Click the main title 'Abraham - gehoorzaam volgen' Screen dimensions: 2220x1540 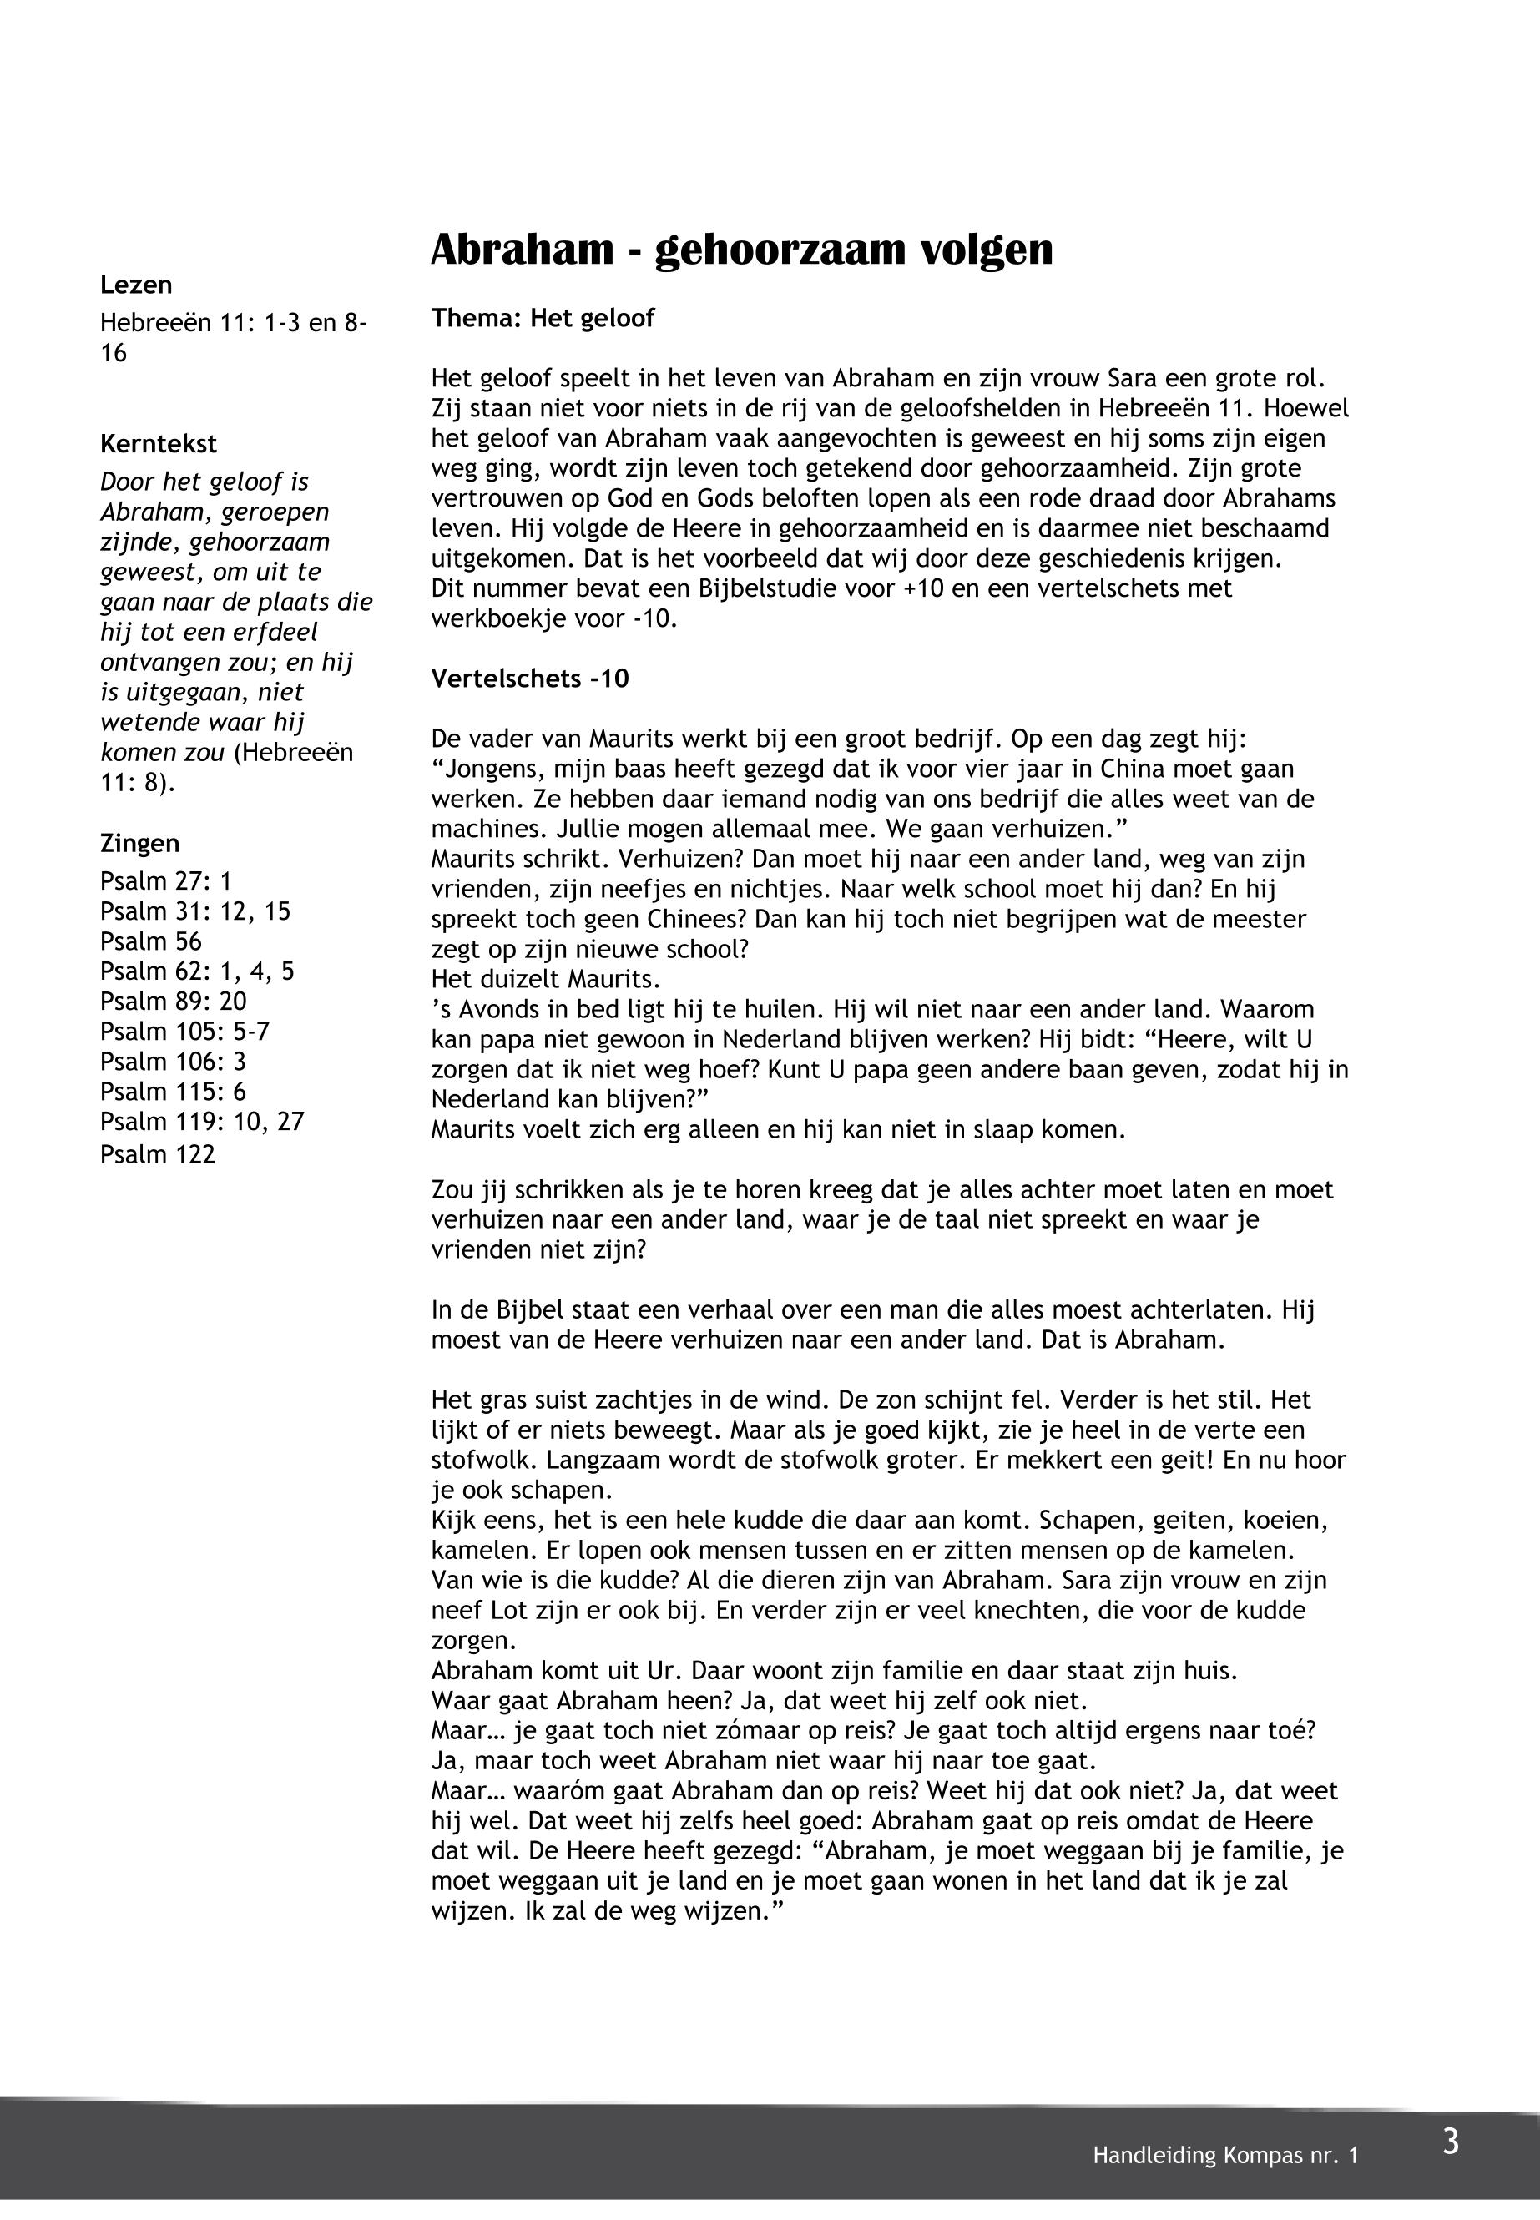pos(741,249)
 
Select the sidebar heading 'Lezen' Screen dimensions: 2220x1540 pos(136,285)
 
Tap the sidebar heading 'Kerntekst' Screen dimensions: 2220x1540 pos(159,444)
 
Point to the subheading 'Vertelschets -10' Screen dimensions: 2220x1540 pos(530,679)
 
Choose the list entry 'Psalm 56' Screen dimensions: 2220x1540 pos(150,941)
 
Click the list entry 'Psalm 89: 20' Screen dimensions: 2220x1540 pos(173,1002)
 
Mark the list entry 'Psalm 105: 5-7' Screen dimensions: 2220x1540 pos(184,1032)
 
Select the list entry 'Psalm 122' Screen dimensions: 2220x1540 pos(157,1154)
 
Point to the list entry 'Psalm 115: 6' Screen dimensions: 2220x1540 pos(173,1091)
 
